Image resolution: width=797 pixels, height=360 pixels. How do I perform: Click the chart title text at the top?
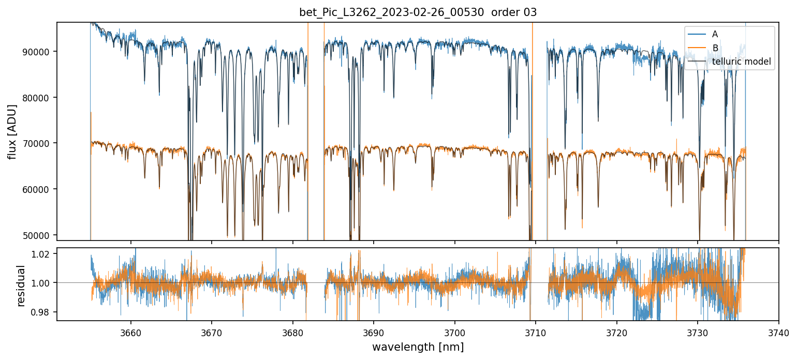click(418, 12)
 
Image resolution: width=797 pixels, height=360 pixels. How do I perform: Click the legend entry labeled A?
click(715, 34)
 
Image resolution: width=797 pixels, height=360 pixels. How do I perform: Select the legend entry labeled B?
click(715, 48)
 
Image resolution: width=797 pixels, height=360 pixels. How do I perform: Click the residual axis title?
click(21, 286)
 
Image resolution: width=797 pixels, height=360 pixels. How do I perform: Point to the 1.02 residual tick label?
click(42, 254)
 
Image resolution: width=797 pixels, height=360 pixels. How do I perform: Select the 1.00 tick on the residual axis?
click(42, 283)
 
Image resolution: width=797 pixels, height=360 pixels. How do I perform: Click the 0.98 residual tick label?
click(42, 312)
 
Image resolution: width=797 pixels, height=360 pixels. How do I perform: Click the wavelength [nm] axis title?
click(418, 347)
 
